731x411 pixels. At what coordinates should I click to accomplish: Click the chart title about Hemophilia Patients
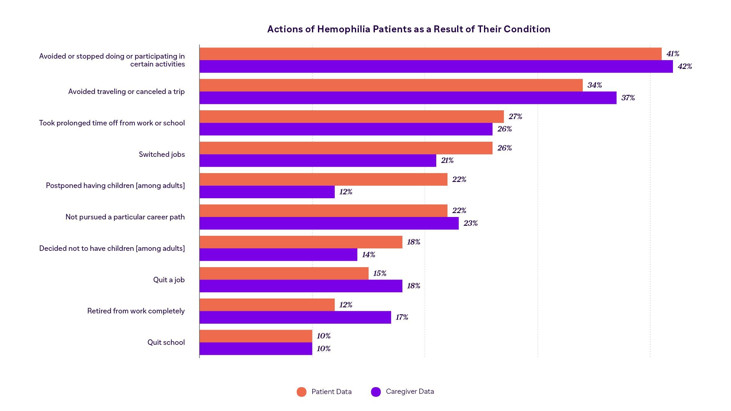point(409,29)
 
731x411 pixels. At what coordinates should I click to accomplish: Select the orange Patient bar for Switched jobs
point(346,148)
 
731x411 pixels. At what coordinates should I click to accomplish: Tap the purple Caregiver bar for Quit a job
point(301,286)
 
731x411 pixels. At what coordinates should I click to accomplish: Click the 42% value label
point(685,66)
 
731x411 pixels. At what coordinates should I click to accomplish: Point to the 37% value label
point(628,98)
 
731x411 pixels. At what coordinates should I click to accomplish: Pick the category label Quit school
point(166,342)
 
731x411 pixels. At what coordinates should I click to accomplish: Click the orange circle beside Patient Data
point(301,392)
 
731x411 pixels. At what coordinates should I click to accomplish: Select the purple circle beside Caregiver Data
point(376,392)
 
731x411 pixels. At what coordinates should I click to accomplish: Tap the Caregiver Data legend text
point(410,392)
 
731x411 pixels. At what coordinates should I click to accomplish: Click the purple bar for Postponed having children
point(267,192)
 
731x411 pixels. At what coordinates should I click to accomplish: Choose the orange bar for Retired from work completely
point(267,305)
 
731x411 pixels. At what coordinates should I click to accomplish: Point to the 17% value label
point(402,317)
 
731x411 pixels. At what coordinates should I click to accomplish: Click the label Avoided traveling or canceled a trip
point(126,92)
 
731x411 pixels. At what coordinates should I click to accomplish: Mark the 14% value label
point(369,255)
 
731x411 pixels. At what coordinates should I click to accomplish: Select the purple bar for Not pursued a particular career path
point(329,223)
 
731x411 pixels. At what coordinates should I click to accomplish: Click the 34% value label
point(595,85)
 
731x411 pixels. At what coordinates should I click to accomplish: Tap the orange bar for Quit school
point(256,336)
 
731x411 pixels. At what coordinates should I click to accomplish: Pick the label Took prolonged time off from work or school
point(112,123)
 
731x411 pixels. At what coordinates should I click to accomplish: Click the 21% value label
point(447,160)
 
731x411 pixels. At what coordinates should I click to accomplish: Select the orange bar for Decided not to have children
point(301,242)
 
